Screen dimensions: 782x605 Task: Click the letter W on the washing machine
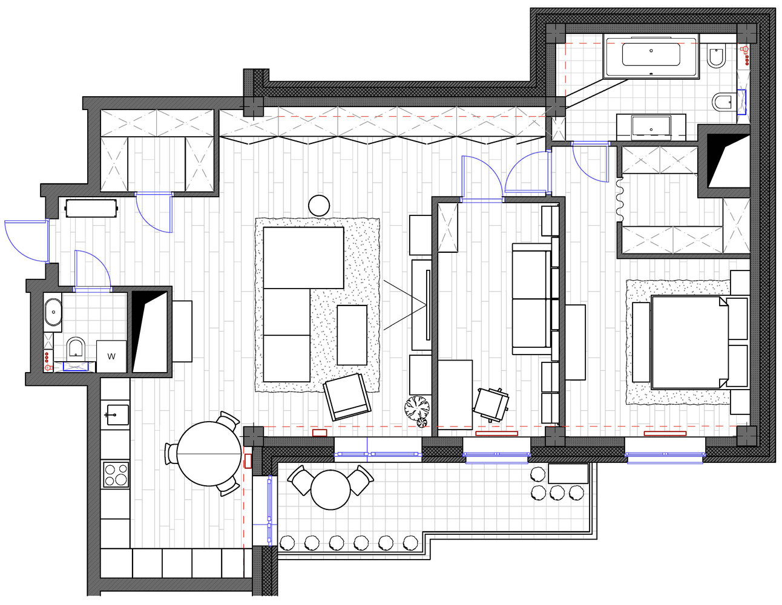pos(111,356)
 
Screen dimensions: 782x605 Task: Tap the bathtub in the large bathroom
pos(651,56)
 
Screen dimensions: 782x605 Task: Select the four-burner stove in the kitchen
pos(116,474)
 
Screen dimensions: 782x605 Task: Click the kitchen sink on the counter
pos(117,414)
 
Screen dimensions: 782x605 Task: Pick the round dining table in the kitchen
pos(209,454)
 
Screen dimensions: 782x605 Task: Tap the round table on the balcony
pos(330,489)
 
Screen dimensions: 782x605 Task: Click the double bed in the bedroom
pos(690,342)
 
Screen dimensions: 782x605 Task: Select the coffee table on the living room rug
pos(352,335)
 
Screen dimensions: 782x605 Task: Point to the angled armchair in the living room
pos(347,397)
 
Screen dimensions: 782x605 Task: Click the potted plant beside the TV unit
pos(418,410)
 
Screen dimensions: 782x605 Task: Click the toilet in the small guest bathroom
pos(76,348)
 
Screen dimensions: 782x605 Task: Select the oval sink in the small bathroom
pos(53,312)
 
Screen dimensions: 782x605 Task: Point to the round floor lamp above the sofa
pos(319,205)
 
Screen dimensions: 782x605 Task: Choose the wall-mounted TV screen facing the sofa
pos(428,305)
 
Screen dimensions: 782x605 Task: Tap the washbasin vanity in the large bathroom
pos(651,127)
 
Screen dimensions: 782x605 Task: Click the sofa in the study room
pos(531,299)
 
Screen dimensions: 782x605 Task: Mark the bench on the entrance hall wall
pos(91,208)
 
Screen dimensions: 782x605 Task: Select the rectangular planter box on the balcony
pos(568,473)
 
